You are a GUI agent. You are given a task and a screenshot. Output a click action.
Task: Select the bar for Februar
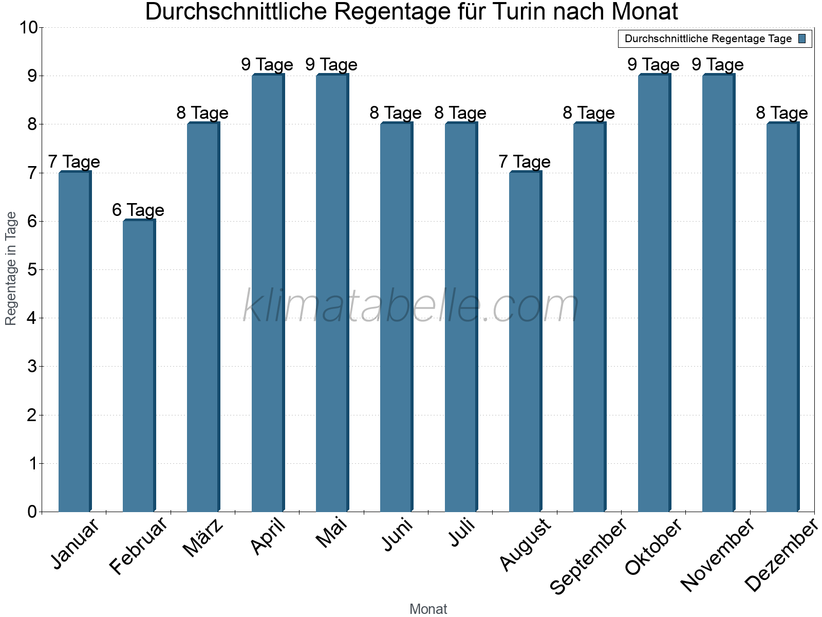coord(139,366)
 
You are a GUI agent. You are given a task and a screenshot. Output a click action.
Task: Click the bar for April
coord(268,293)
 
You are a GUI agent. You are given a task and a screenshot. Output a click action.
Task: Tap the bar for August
coord(525,342)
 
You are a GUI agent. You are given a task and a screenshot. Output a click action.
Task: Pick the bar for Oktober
coord(654,293)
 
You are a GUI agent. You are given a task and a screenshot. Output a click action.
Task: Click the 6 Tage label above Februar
coord(138,210)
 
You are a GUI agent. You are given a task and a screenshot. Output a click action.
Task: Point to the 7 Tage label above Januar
coord(74,161)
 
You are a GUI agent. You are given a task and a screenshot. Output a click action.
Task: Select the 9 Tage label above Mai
coord(331,65)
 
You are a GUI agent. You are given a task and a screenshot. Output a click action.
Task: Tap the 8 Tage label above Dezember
coord(781,113)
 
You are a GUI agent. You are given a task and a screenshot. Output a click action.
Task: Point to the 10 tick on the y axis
coord(28,28)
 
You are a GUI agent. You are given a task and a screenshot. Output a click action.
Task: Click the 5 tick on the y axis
coord(32,270)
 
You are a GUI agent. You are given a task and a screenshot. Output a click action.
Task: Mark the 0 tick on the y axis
coord(32,512)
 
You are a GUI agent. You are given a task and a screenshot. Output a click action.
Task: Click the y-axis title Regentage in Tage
coord(11,268)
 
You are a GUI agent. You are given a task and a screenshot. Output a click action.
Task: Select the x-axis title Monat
coord(428,609)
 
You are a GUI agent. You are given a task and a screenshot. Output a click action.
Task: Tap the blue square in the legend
coord(802,39)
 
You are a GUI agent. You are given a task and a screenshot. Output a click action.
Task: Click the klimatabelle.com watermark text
coord(411,306)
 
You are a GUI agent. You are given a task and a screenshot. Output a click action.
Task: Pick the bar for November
coord(718,293)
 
